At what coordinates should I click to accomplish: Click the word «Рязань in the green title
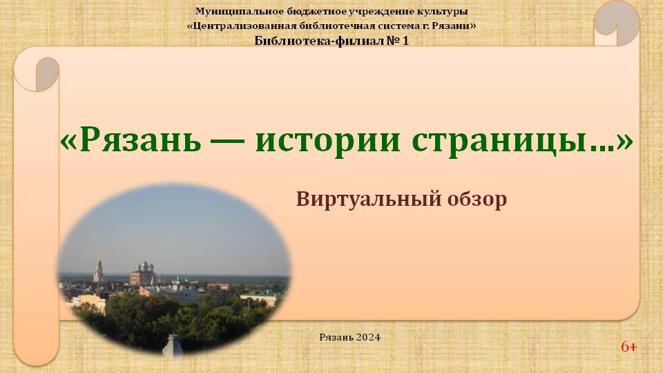[x=131, y=140]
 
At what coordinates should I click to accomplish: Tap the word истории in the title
[x=327, y=141]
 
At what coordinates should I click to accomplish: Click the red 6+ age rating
[x=628, y=347]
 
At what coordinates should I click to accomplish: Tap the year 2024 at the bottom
[x=368, y=337]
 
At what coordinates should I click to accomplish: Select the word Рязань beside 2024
[x=336, y=337]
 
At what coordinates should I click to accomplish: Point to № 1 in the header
[x=398, y=41]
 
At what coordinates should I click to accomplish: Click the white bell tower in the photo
[x=99, y=268]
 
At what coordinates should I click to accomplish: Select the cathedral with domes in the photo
[x=142, y=274]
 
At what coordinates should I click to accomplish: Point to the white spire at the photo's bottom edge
[x=173, y=345]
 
